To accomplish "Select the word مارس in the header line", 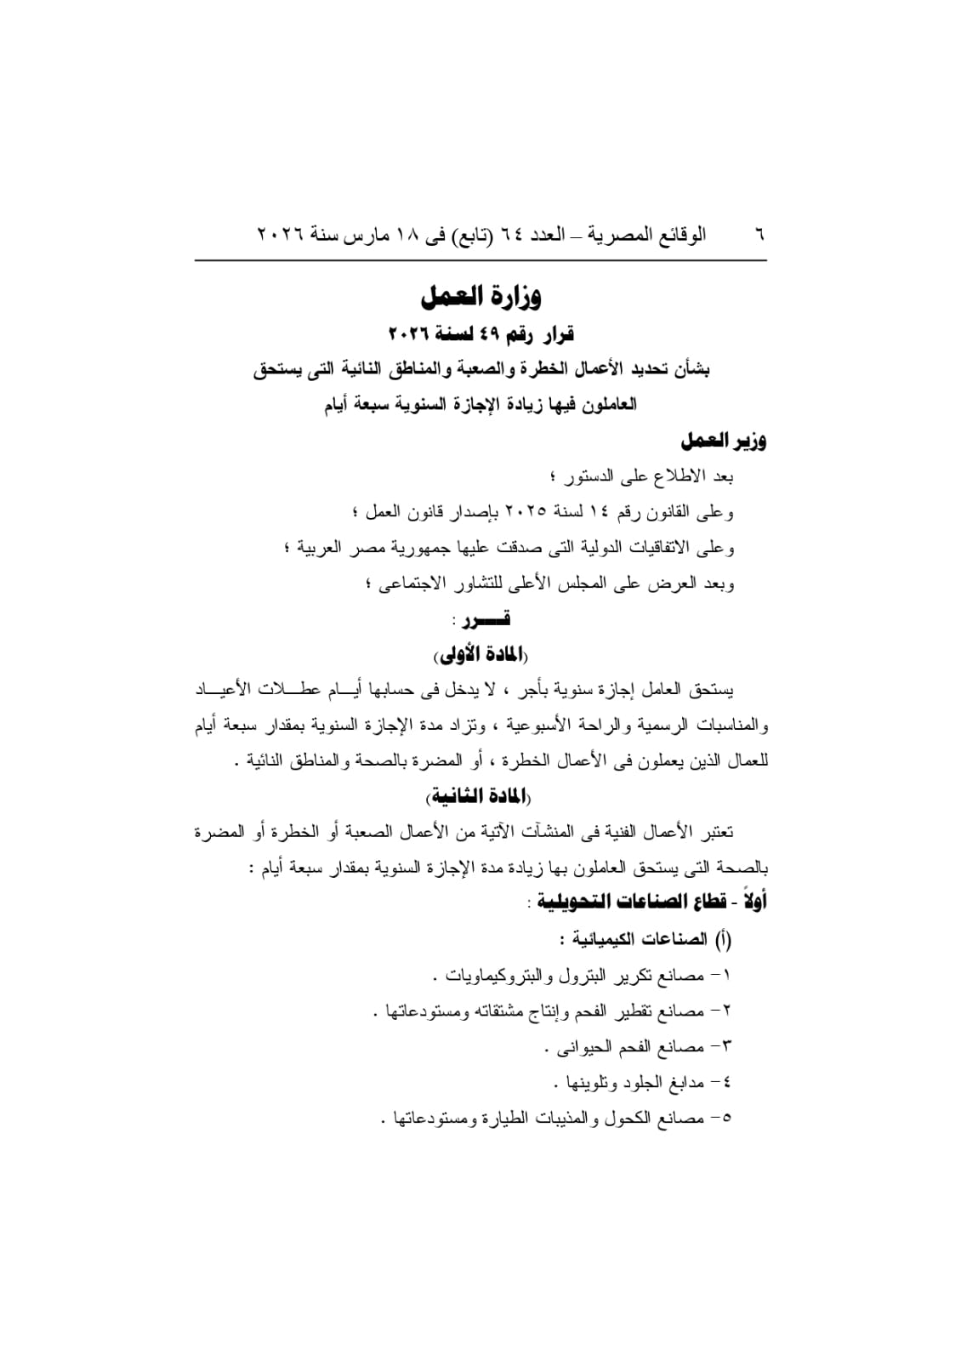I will (361, 234).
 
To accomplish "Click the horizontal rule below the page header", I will (480, 260).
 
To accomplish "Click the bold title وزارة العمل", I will (481, 297).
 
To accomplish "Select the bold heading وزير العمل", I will (723, 441).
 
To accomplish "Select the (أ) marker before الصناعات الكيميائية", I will (723, 939).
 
